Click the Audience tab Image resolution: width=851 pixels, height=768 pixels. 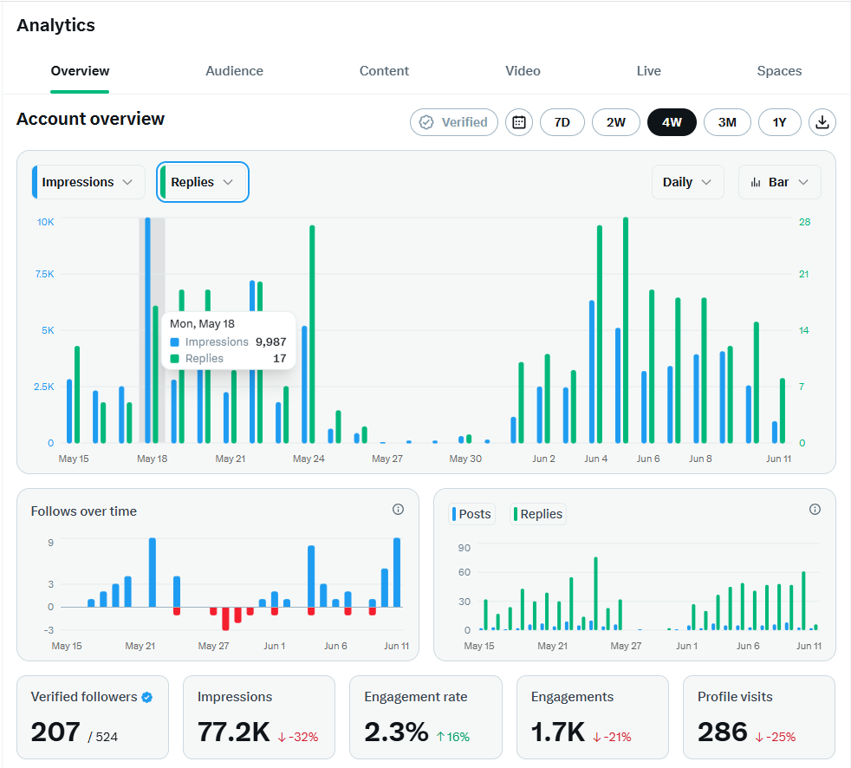tap(234, 71)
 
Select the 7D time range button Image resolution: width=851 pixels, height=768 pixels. tap(562, 122)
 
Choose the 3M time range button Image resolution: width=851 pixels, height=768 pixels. tap(727, 122)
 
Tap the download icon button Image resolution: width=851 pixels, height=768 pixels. tap(822, 122)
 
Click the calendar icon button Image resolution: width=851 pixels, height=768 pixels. tap(519, 122)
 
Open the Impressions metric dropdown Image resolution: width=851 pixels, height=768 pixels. tap(88, 182)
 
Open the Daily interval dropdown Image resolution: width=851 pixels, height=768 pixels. tap(687, 182)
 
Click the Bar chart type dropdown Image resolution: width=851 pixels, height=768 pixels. tap(779, 182)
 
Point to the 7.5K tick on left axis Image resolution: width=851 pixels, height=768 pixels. tap(44, 274)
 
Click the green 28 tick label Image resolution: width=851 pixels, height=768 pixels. tap(804, 222)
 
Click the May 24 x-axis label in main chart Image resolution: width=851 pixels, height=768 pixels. tap(309, 459)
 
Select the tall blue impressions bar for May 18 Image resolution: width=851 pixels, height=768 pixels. tap(147, 330)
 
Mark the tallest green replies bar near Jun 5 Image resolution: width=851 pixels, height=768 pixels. tap(626, 330)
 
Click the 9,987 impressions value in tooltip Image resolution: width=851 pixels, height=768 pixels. tap(271, 342)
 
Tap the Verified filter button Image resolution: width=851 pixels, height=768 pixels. tap(454, 122)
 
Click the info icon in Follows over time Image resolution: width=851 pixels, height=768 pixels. tap(398, 509)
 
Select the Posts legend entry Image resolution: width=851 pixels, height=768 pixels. tap(471, 514)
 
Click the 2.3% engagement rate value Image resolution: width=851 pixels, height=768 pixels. tap(396, 732)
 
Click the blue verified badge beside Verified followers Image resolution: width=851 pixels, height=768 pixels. tap(147, 698)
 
